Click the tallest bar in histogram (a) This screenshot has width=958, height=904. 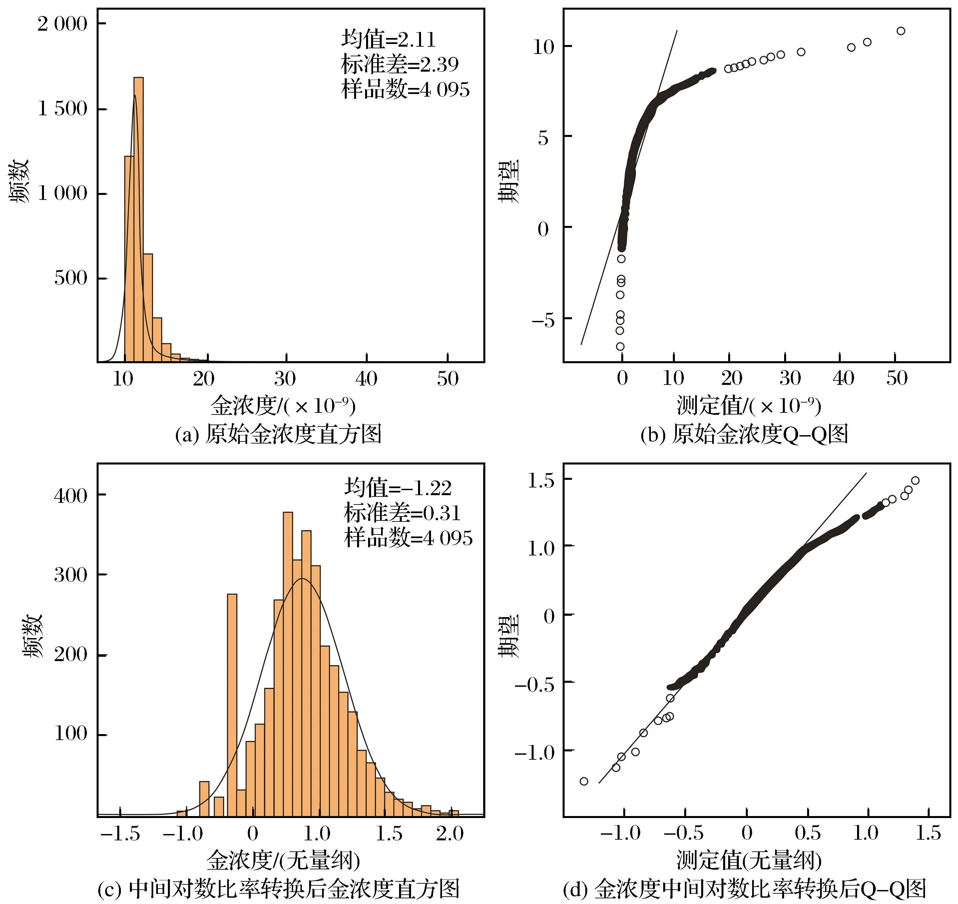click(138, 219)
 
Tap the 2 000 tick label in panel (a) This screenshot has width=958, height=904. click(63, 24)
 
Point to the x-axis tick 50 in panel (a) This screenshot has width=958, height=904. click(447, 379)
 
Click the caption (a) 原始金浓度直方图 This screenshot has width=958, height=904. click(278, 434)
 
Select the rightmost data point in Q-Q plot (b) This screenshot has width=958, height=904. click(900, 31)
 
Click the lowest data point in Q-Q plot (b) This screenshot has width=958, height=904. click(620, 346)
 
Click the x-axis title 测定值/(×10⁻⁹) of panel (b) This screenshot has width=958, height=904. click(748, 406)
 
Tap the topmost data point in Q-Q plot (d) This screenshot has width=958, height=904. click(915, 481)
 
